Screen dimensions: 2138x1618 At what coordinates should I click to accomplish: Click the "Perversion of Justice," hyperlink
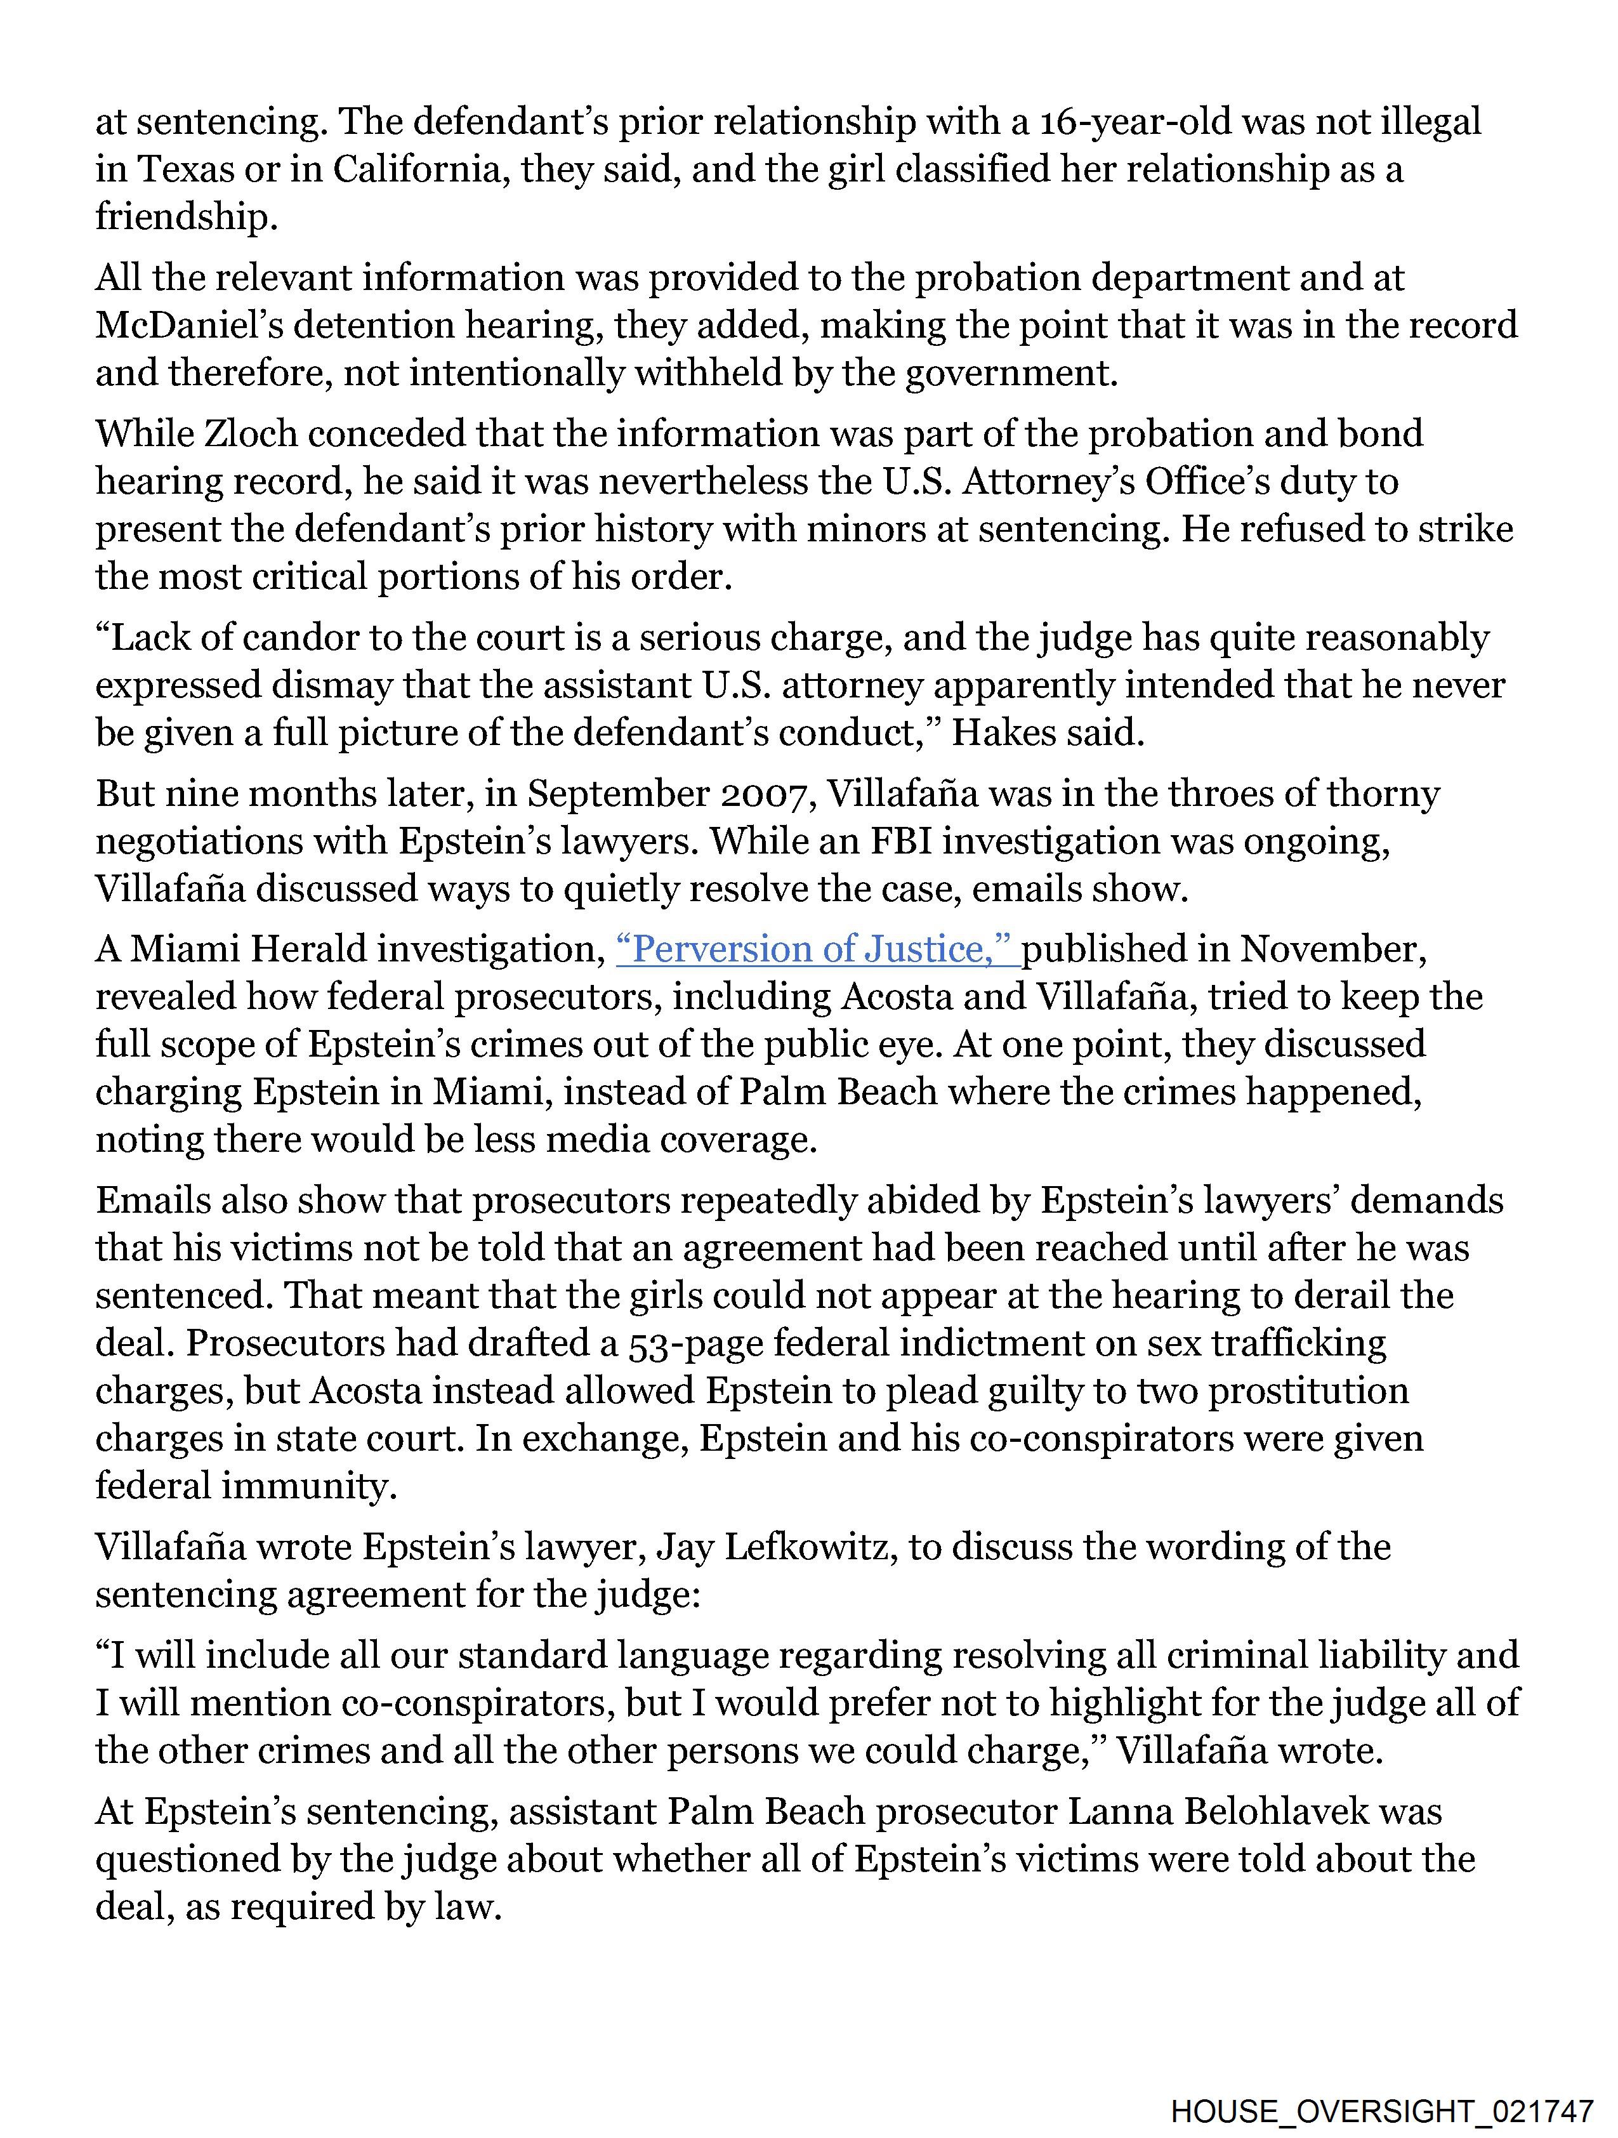(818, 950)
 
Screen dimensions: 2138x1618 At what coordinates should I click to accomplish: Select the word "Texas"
(183, 170)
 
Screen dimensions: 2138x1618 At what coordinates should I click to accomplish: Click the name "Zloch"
(253, 435)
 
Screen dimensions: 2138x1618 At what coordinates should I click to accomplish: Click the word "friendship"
(185, 218)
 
